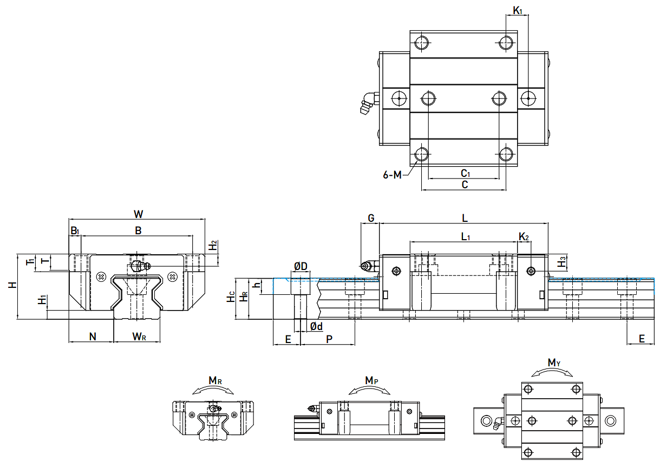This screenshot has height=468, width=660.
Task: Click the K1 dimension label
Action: click(x=517, y=10)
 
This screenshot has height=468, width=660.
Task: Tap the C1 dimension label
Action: click(x=465, y=173)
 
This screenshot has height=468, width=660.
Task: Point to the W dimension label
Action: click(x=138, y=214)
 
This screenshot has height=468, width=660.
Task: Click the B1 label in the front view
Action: click(x=75, y=231)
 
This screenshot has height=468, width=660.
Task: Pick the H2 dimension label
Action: click(x=213, y=245)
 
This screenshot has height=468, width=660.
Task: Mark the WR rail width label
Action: click(x=139, y=337)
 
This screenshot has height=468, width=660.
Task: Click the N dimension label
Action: click(x=92, y=337)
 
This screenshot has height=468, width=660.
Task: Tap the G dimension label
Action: click(x=371, y=218)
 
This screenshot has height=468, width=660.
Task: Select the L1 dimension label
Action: click(x=466, y=236)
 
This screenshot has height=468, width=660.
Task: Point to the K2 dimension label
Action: click(x=524, y=236)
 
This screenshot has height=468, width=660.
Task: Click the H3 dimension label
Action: click(x=563, y=262)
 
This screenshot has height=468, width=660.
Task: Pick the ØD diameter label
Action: click(x=300, y=266)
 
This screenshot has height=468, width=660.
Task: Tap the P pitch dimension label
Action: click(x=329, y=339)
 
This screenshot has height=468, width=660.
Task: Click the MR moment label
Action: click(x=215, y=381)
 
